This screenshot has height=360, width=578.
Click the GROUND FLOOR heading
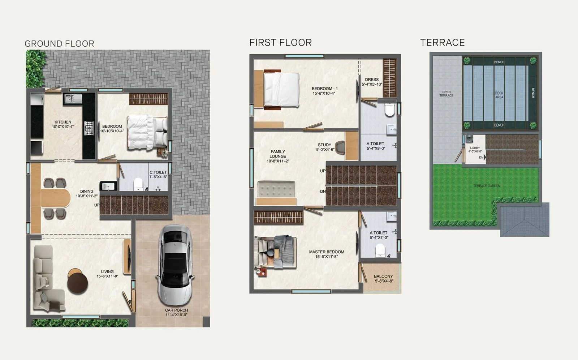[59, 44]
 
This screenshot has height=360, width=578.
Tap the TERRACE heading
[442, 43]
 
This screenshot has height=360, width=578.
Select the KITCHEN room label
[63, 122]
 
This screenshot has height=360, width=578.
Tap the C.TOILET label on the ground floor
[158, 172]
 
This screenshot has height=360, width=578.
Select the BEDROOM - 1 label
[324, 89]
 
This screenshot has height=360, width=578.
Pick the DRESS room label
[372, 80]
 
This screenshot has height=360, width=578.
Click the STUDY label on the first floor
[324, 145]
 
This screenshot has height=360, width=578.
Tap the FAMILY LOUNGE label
[278, 154]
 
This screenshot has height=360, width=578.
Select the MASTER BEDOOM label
[326, 252]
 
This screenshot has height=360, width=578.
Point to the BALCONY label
[383, 276]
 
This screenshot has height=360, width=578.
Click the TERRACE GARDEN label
[486, 186]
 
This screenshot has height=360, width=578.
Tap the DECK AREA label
[499, 95]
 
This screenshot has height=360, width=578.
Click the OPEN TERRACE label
[446, 94]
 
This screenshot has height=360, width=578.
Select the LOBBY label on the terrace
[475, 148]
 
